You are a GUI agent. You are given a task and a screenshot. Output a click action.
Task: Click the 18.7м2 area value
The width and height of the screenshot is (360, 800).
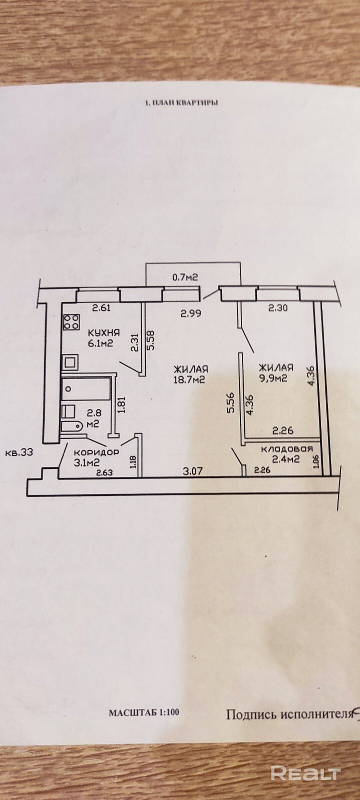coord(190,379)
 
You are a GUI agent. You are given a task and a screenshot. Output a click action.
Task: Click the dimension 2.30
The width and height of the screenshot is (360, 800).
coord(277,308)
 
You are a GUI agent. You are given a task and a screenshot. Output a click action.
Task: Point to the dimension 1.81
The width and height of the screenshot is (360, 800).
coord(120,403)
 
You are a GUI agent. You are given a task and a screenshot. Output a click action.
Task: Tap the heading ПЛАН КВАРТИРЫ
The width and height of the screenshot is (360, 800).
coord(181,103)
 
